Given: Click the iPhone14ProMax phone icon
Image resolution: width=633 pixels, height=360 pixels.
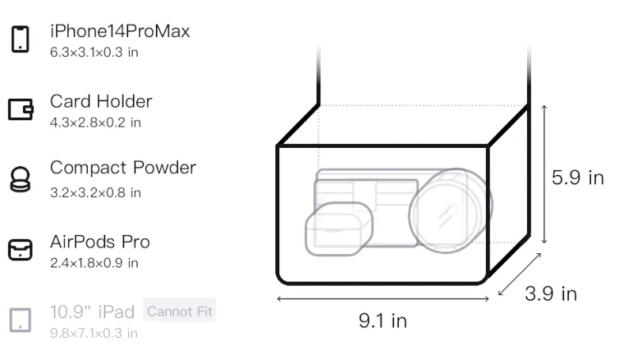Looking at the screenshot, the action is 21,39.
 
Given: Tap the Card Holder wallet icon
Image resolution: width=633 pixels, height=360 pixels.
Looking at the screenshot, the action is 21,109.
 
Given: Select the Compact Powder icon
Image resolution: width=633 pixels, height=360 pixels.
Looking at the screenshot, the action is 21,179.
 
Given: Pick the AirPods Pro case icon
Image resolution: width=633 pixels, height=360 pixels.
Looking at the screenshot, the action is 21,249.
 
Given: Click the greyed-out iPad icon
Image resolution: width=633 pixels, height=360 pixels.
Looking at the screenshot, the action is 21,320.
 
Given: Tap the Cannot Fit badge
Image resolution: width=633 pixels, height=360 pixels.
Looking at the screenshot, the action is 180,311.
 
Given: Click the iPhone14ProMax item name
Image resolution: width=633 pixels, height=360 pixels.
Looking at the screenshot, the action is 120,31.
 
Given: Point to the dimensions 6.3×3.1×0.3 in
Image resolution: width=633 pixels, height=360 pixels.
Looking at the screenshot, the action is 94,52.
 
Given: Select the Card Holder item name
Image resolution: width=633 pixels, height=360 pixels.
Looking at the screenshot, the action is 101,101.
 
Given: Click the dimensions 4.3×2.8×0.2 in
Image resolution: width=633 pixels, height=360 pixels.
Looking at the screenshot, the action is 96,123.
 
